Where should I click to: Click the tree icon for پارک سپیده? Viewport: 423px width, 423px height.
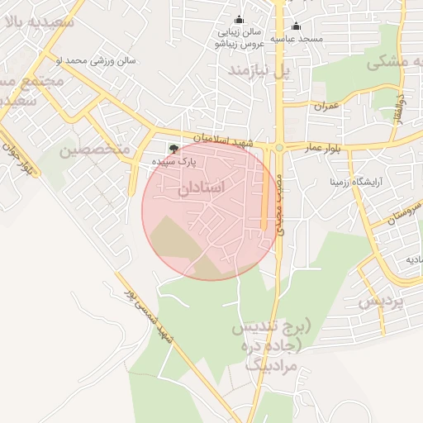173,149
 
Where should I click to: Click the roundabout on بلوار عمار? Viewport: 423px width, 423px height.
280,148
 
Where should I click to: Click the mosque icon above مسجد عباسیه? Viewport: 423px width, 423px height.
296,26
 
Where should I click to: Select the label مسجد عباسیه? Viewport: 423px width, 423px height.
301,39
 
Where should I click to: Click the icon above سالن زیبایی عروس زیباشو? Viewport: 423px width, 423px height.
240,20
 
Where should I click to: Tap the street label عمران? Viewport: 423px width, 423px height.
326,106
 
